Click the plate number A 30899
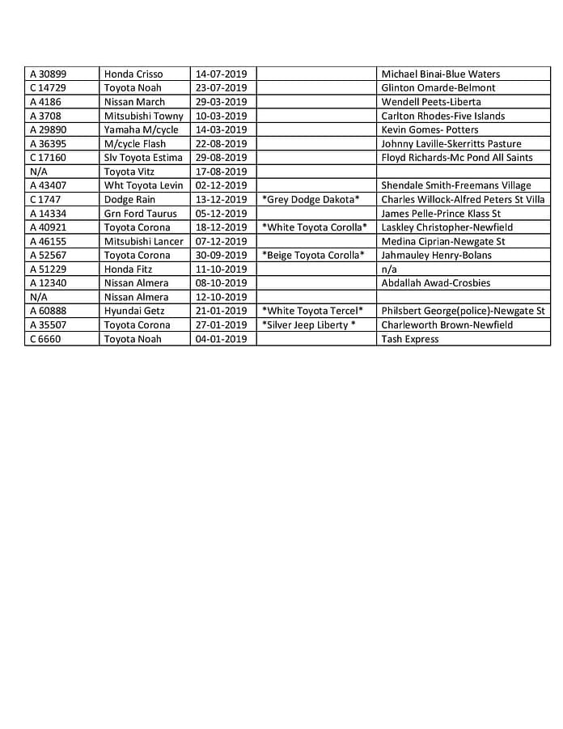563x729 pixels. [48, 74]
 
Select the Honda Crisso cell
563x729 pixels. [133, 74]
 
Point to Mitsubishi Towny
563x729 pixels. [144, 116]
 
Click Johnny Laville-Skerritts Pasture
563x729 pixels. [451, 144]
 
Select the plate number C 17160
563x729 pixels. [48, 158]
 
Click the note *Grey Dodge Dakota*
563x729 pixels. [311, 200]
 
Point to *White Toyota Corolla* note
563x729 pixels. [315, 227]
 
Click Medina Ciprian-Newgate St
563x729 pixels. [442, 241]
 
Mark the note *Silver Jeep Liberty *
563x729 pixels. [308, 325]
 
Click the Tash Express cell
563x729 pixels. [410, 339]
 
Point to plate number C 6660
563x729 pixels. [44, 339]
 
